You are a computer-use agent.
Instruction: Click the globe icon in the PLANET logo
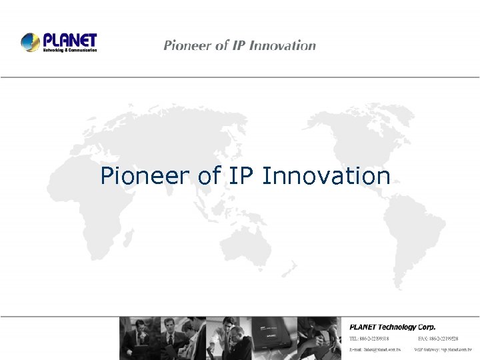(x=31, y=43)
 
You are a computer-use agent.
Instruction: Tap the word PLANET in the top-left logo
(x=69, y=40)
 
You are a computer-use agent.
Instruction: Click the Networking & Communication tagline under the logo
(x=70, y=50)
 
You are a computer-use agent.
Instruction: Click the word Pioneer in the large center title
(x=146, y=176)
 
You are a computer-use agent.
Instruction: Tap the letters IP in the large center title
(x=243, y=176)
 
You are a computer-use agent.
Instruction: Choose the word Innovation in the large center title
(x=326, y=176)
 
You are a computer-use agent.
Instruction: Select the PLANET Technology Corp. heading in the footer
(x=393, y=327)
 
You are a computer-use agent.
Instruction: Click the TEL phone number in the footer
(x=375, y=339)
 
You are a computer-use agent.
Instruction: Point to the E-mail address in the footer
(x=375, y=349)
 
